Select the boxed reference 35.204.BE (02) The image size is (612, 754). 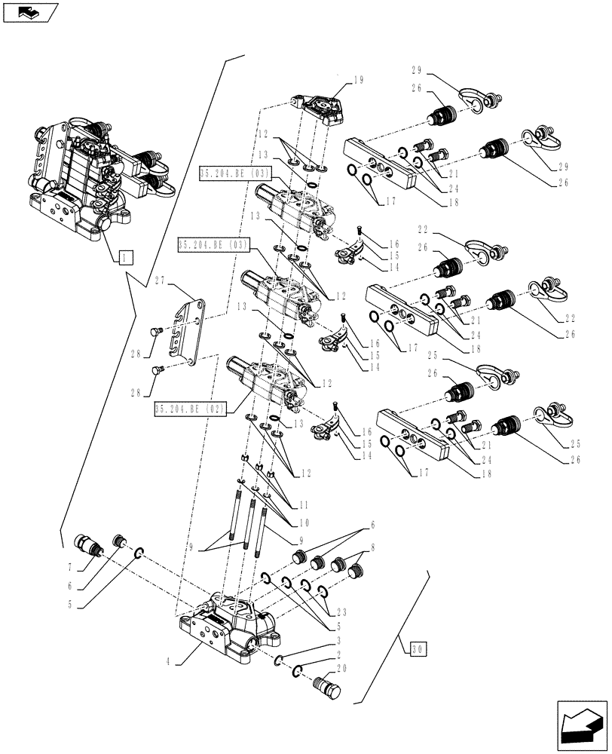pyautogui.click(x=191, y=409)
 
